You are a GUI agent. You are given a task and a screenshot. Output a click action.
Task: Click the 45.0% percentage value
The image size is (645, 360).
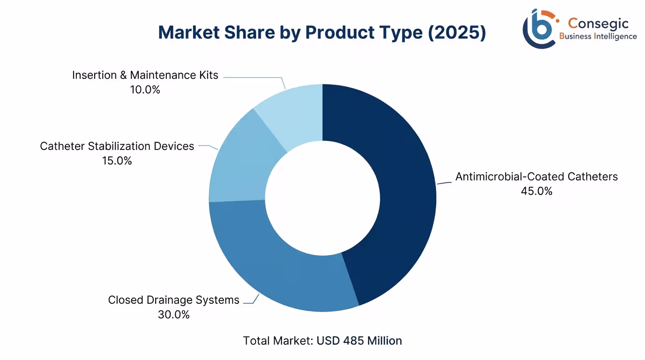click(x=537, y=191)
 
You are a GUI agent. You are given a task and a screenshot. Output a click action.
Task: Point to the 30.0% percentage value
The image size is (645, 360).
click(x=173, y=315)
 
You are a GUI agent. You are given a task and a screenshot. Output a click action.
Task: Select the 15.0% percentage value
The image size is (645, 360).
click(x=117, y=161)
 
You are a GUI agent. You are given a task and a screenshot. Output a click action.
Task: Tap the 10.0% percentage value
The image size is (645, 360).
click(x=145, y=90)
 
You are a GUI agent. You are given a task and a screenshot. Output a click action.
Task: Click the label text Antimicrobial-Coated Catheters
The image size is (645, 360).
click(x=537, y=177)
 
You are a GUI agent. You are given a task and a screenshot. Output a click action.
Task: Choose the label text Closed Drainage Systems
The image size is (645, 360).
click(x=173, y=300)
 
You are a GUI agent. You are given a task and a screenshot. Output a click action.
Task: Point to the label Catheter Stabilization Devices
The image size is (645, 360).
click(x=117, y=146)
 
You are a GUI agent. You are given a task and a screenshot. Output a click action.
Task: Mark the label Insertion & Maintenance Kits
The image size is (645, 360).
click(x=145, y=75)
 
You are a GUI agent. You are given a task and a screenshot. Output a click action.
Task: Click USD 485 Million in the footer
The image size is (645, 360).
click(x=359, y=341)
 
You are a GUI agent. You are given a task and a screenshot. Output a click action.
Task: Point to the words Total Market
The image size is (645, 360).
click(x=278, y=341)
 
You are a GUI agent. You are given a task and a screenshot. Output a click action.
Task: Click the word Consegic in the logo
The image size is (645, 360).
click(x=598, y=23)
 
